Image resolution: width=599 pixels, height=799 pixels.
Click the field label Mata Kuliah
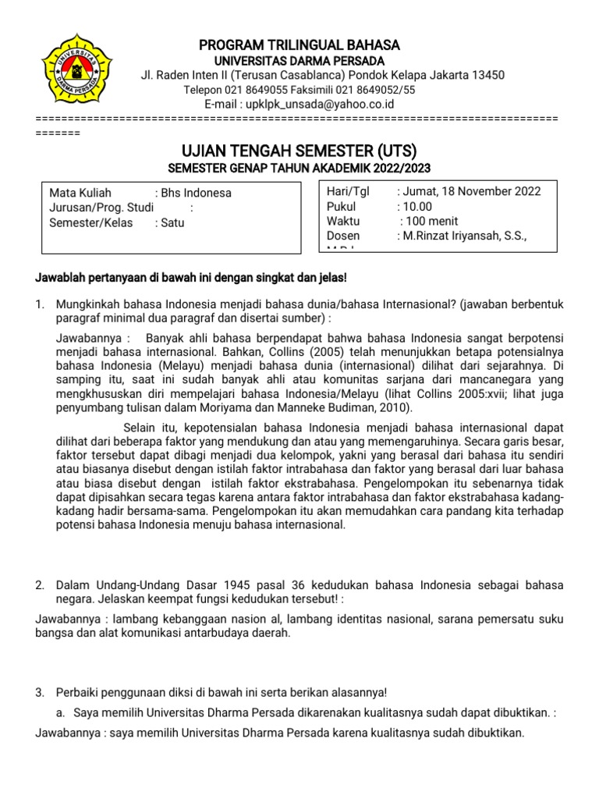click(x=80, y=193)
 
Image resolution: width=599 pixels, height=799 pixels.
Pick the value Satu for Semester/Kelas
click(x=172, y=222)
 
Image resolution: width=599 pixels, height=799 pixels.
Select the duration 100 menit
click(x=427, y=222)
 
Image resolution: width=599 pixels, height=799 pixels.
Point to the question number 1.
click(x=41, y=304)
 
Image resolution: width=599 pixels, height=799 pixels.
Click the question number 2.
click(x=41, y=585)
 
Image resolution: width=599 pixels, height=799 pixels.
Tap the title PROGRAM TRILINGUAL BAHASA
click(x=299, y=44)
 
